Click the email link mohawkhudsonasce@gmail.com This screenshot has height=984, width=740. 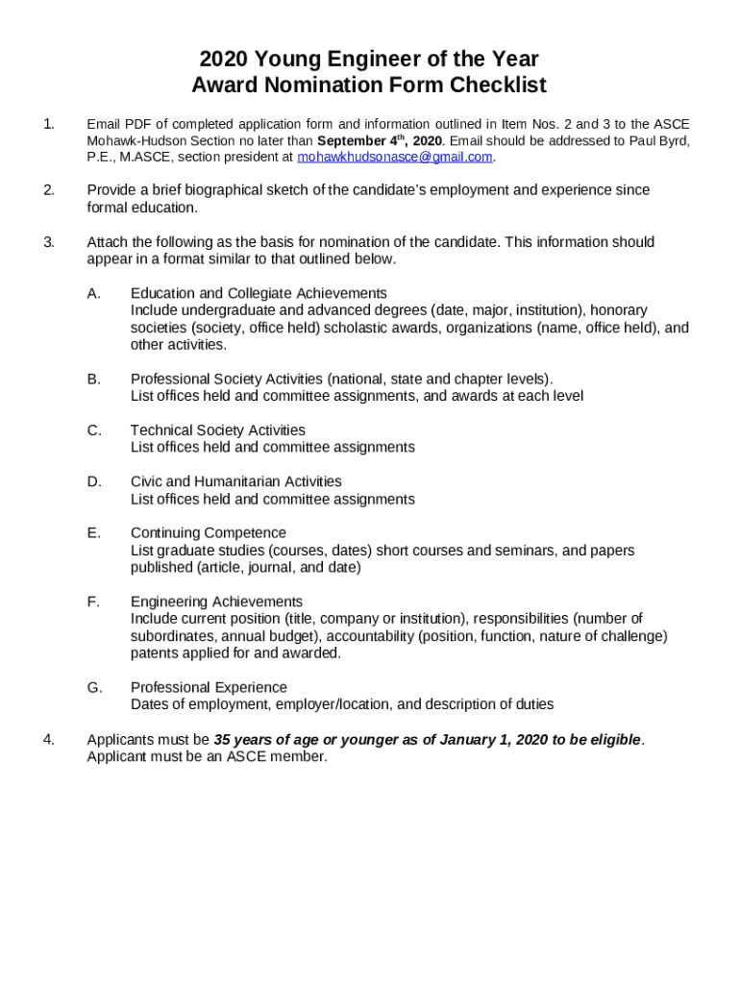pos(395,157)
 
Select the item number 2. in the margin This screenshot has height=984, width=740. pos(48,190)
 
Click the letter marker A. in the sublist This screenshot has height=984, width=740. pos(93,293)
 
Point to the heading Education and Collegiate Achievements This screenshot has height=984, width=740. pos(259,293)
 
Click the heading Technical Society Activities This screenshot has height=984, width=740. pos(218,430)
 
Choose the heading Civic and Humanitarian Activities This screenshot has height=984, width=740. pos(235,481)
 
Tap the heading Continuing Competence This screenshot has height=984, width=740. pos(209,533)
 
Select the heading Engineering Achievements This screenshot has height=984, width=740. pos(216,602)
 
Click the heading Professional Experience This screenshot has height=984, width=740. pos(209,687)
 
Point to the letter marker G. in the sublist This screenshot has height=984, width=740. pos(94,687)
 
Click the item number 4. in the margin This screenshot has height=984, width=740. pos(48,739)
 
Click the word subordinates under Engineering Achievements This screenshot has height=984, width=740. pos(171,636)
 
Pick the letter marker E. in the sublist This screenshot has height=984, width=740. pos(93,533)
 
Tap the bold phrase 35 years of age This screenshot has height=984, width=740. pos(265,739)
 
